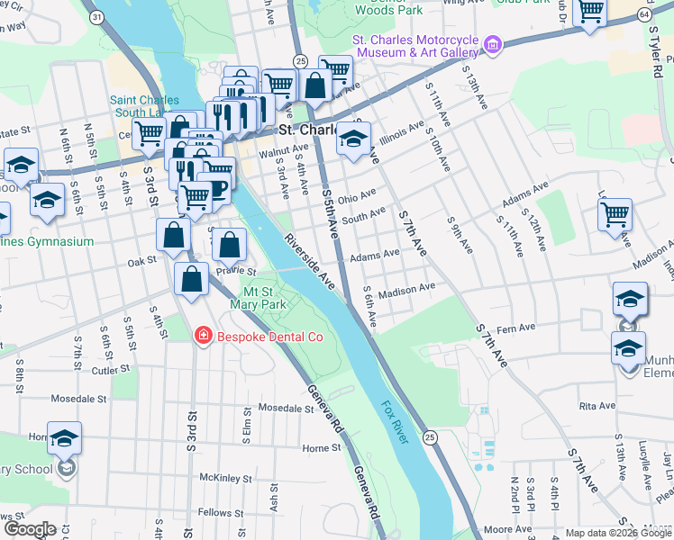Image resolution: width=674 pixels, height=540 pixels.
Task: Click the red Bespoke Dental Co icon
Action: [204, 337]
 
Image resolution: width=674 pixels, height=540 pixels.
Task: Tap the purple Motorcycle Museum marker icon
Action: [492, 44]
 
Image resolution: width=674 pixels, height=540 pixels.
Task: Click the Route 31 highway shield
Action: [96, 17]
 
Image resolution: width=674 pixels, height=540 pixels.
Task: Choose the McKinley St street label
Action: [223, 477]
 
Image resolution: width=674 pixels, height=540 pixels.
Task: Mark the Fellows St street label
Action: [215, 512]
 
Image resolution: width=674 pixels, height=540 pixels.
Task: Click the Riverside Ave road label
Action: [310, 263]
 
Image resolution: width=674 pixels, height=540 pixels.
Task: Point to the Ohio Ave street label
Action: [357, 195]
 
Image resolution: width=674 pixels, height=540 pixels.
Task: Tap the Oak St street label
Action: [141, 262]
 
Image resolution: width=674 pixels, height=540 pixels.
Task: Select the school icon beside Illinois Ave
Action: [354, 139]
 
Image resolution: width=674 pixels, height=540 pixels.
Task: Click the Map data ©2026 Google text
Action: [618, 533]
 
